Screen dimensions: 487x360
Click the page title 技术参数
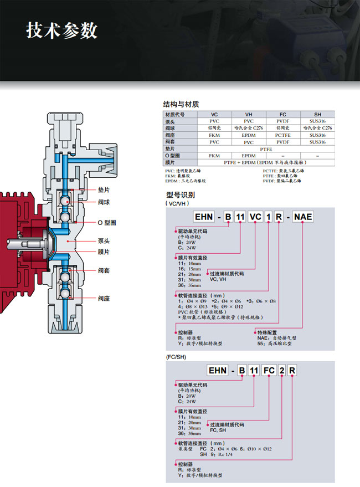coord(62,30)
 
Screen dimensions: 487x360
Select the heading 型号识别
coord(180,194)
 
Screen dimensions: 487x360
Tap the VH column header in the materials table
coord(249,114)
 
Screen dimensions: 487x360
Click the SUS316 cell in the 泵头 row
coord(317,121)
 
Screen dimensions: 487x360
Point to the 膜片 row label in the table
coord(170,163)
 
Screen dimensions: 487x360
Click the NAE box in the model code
coord(302,217)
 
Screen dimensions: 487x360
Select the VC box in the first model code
coord(256,217)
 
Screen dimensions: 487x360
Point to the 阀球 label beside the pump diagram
coord(104,202)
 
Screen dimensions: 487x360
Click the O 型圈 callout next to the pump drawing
coord(106,223)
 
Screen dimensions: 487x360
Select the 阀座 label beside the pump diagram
coord(104,298)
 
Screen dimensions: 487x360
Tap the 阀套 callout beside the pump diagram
coord(104,270)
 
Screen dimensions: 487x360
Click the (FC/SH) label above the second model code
coord(175,357)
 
